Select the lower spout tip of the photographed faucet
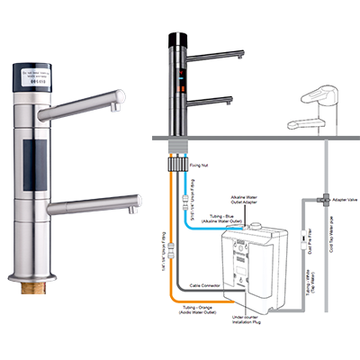click(135, 209)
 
